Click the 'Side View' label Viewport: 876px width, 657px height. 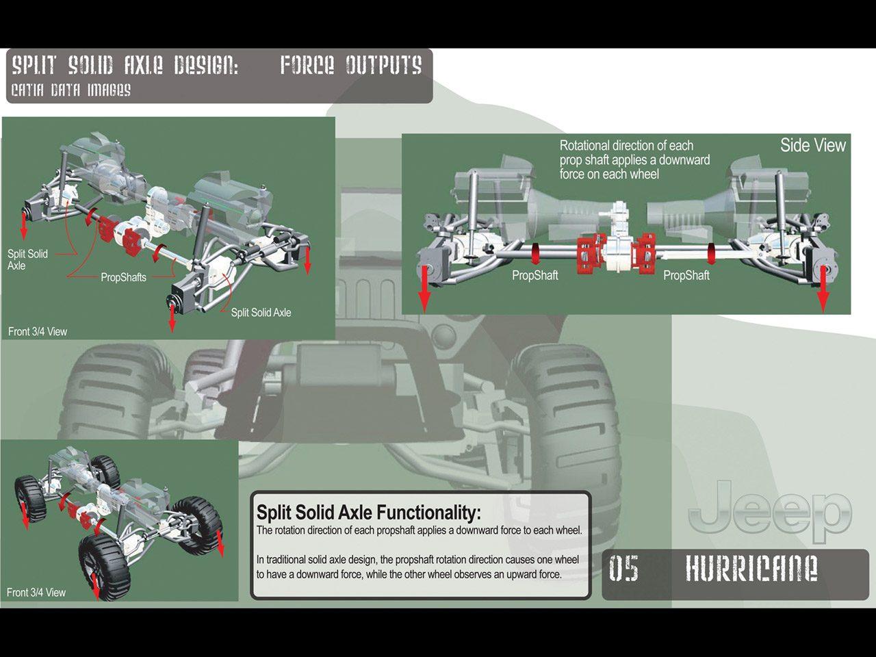(812, 145)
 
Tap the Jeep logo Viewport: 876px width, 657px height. (770, 511)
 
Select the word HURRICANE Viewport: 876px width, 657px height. (751, 569)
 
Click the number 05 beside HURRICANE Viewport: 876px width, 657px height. (623, 569)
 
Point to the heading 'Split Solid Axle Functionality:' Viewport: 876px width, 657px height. (368, 512)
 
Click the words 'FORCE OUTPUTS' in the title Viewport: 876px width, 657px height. (350, 66)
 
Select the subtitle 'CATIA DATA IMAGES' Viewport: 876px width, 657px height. (70, 90)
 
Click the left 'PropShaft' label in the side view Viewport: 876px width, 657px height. (534, 275)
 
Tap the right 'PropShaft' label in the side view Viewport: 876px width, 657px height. (686, 275)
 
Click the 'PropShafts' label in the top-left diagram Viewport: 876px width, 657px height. (123, 277)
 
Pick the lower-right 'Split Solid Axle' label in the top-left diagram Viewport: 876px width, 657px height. (261, 312)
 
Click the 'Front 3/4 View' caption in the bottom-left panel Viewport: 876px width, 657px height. (36, 592)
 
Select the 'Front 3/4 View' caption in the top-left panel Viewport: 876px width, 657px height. (38, 331)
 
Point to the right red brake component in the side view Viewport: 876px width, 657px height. (645, 252)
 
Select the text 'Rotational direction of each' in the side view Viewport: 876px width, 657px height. (626, 145)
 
